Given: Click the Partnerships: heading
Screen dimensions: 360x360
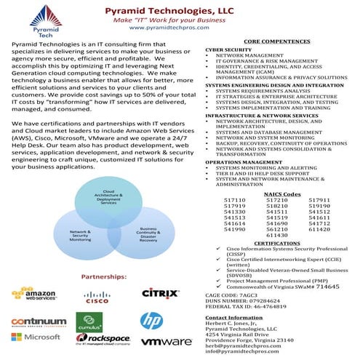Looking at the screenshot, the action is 105,277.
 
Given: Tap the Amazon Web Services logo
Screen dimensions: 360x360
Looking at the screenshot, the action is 35,294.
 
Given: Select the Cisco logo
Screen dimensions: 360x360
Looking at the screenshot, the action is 97,296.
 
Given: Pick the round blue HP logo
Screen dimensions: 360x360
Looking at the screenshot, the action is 151,320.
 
